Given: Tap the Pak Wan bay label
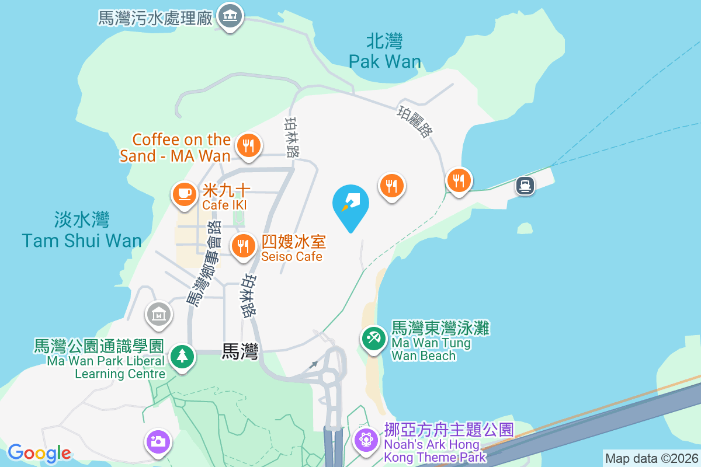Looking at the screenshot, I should (x=384, y=51).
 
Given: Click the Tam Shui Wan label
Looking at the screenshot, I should (x=82, y=231).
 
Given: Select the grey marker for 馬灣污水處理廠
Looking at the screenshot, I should (x=230, y=16).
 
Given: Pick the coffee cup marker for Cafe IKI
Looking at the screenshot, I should (x=185, y=193).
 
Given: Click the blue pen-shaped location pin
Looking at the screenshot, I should (x=350, y=204).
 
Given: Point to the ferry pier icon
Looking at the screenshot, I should (x=525, y=186).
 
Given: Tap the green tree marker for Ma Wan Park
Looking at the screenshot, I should (x=182, y=356).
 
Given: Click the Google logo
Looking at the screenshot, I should (x=39, y=452).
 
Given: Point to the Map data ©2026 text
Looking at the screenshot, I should (x=651, y=458).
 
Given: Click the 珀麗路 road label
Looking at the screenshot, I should (x=415, y=121).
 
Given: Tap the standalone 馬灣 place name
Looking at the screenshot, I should (x=240, y=351).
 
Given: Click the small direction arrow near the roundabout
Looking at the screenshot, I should (x=314, y=364).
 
